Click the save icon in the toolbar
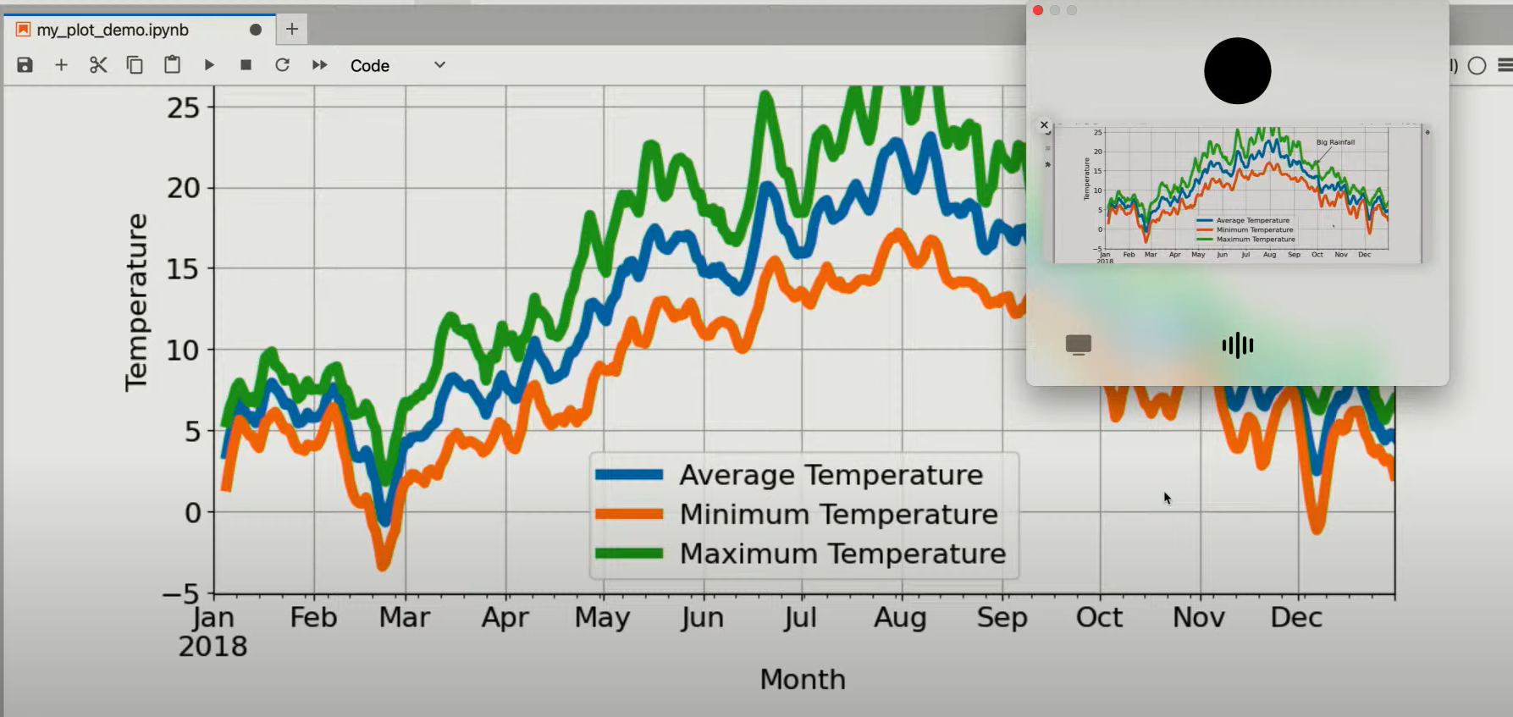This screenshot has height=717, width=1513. click(x=25, y=65)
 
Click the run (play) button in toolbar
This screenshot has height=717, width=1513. click(x=209, y=65)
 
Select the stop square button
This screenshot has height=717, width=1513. click(x=246, y=65)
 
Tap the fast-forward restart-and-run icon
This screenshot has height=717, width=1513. click(x=319, y=65)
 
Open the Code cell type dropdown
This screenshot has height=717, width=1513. click(x=397, y=65)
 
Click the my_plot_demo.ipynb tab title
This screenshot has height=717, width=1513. click(x=113, y=30)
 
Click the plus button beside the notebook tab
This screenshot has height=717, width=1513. click(x=292, y=29)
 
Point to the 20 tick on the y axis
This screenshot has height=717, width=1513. click(x=184, y=188)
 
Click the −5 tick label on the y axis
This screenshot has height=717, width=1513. click(x=180, y=593)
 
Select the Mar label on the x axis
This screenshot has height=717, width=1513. click(x=404, y=618)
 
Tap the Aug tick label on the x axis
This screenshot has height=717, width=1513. click(x=900, y=618)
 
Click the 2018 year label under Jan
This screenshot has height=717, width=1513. click(x=213, y=647)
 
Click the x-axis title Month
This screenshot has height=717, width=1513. click(x=802, y=679)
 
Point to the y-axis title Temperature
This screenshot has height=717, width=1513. click(x=136, y=302)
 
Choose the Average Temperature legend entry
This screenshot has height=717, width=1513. click(x=831, y=475)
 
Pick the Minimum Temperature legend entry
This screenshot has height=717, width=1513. click(x=838, y=514)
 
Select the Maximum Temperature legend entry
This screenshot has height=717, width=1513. click(x=842, y=554)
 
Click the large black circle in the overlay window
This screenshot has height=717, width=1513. click(x=1237, y=71)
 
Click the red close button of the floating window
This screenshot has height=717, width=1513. click(x=1038, y=10)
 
